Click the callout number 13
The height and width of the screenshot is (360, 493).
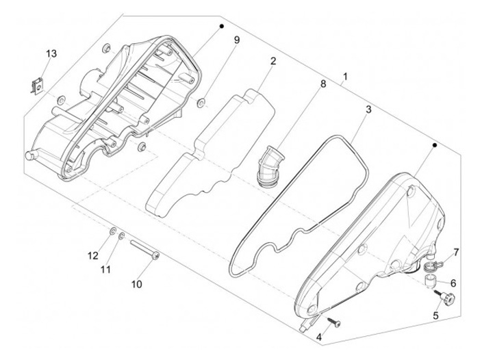[51, 54]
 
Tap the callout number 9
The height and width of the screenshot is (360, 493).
[237, 41]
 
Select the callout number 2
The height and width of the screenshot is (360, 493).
[273, 62]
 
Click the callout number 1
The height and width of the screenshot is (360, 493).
[346, 77]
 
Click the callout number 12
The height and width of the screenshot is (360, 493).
[92, 255]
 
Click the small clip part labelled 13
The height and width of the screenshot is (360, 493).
[39, 86]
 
